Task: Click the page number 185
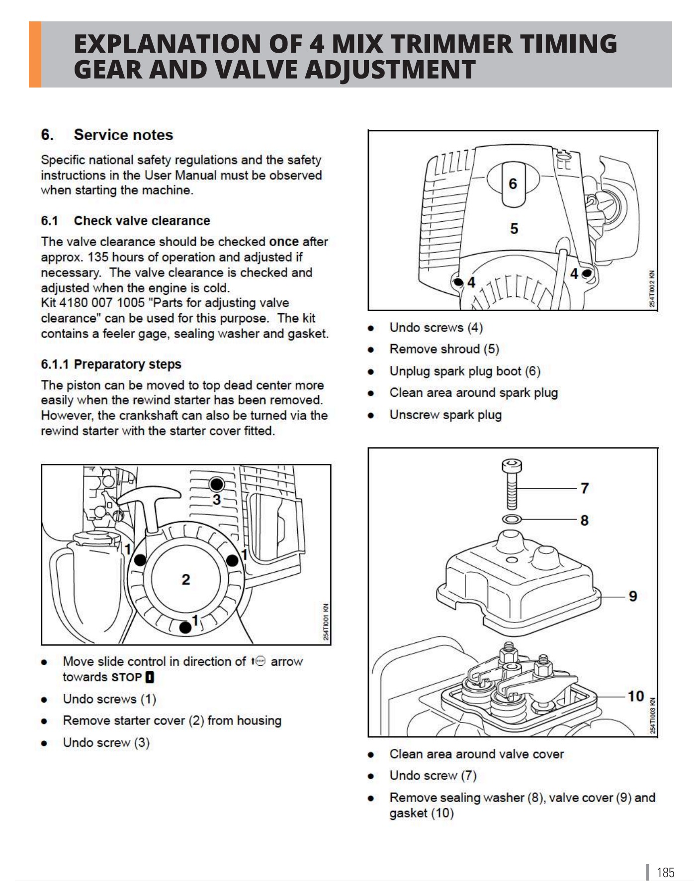[x=665, y=873]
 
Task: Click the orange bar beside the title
[x=35, y=55]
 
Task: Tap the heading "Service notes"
[x=123, y=135]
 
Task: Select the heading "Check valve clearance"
[x=142, y=221]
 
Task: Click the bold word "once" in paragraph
[x=284, y=242]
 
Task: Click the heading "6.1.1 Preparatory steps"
[x=111, y=364]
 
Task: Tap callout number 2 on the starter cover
[x=185, y=579]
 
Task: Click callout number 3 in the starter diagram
[x=217, y=500]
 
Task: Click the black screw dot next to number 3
[x=217, y=484]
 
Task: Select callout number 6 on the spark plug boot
[x=513, y=184]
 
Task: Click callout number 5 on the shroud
[x=514, y=229]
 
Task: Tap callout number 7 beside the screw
[x=585, y=488]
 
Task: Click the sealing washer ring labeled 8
[x=512, y=520]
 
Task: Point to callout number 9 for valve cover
[x=632, y=596]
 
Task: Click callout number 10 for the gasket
[x=635, y=696]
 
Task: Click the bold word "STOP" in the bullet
[x=127, y=677]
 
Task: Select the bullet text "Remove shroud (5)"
[x=444, y=349]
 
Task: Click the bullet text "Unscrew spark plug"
[x=445, y=415]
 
